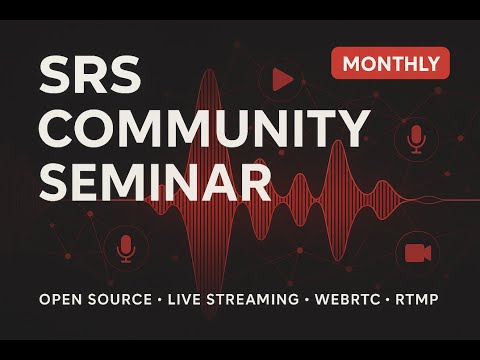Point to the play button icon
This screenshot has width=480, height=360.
click(x=282, y=78)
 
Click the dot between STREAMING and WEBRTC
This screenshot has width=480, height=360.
click(x=304, y=299)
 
